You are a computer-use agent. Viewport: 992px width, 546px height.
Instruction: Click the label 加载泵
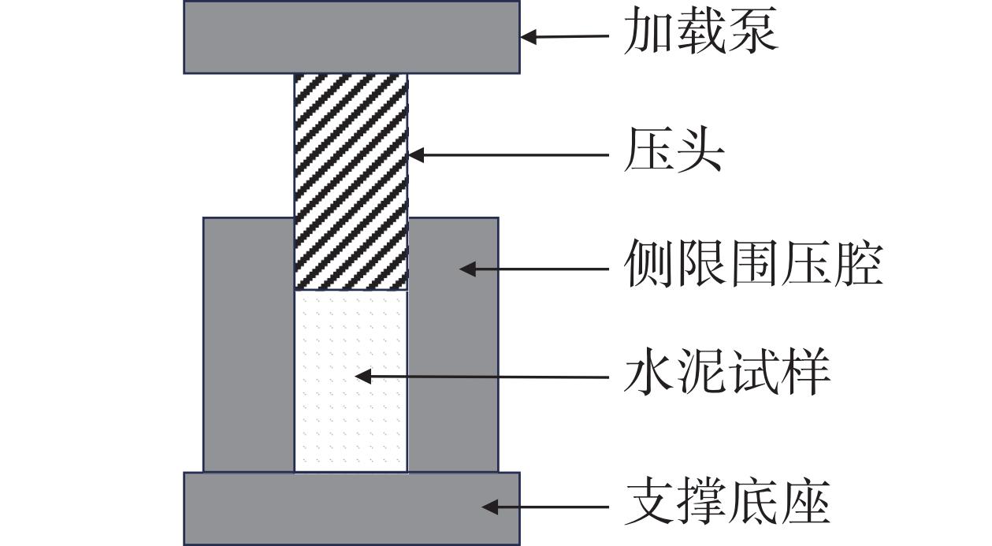700,33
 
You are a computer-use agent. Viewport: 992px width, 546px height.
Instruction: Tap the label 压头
674,152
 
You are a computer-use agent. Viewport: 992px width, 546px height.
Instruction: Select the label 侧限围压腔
752,265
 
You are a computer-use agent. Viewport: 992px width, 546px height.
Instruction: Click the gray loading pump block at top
351,37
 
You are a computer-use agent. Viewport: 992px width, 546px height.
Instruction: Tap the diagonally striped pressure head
351,181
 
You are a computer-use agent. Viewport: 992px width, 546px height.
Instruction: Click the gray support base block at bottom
351,509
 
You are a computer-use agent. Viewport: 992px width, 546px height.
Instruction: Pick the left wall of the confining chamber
249,345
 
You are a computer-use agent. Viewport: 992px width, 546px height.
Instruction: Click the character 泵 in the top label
753,33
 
